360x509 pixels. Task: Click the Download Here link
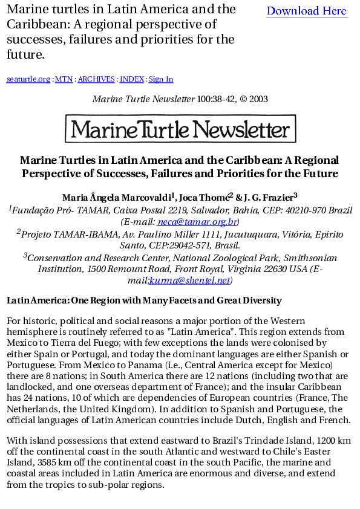point(307,11)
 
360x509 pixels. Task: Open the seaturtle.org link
point(28,79)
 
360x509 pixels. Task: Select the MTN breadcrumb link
point(64,79)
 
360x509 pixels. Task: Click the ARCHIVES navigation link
point(96,79)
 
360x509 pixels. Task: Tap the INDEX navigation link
point(132,79)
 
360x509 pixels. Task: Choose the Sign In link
point(161,79)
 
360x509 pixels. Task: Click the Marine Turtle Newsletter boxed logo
point(180,129)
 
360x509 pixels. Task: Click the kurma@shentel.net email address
point(189,280)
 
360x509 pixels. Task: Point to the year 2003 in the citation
point(258,99)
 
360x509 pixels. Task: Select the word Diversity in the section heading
point(261,300)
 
